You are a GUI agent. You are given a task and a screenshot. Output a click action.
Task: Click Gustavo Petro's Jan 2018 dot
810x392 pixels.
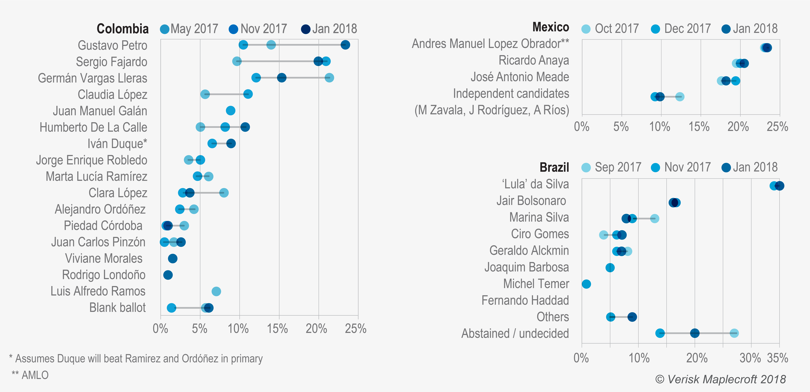(x=345, y=45)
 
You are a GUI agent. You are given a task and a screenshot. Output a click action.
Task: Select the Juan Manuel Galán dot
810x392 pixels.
(x=230, y=111)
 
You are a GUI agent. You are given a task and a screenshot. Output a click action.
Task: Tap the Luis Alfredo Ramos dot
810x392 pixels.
(x=216, y=291)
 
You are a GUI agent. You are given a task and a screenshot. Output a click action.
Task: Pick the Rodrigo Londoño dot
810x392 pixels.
(x=168, y=275)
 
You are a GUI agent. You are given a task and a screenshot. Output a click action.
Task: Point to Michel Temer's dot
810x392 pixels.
(x=586, y=284)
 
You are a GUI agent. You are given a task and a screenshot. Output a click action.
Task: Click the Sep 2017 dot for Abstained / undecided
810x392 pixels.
(x=734, y=333)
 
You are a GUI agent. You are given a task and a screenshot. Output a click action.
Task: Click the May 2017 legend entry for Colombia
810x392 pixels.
(x=189, y=29)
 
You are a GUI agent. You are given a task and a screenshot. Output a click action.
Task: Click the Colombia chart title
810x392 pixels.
(x=123, y=29)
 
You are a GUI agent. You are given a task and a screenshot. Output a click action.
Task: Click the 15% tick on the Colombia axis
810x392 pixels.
(x=278, y=329)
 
